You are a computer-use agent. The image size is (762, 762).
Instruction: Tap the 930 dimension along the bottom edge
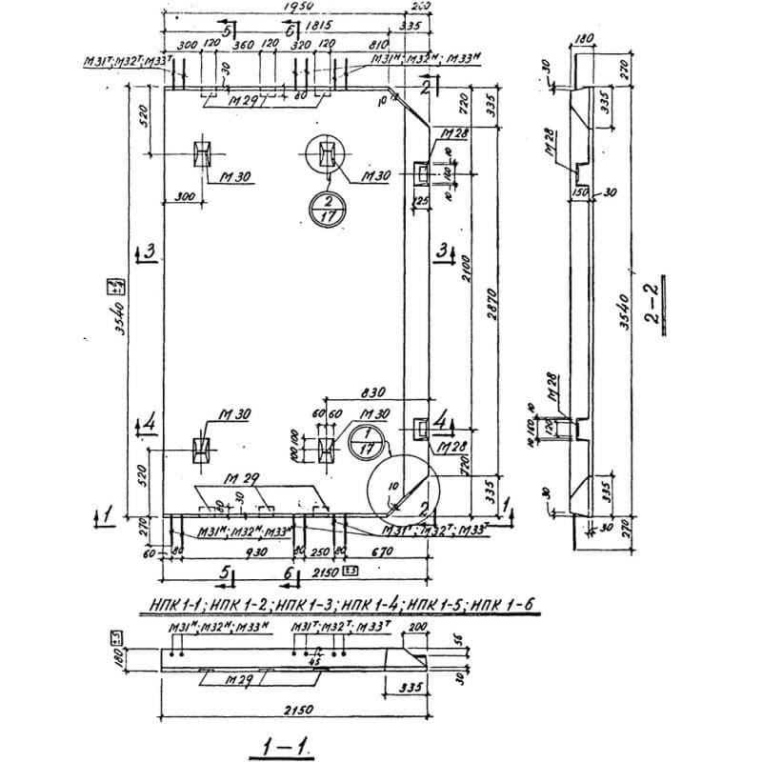231,552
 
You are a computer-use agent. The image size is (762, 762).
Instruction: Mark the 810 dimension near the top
377,45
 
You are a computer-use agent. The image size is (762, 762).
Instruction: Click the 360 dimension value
243,45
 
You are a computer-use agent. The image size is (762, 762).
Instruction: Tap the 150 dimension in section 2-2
580,192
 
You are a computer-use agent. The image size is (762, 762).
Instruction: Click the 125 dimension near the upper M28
419,201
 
